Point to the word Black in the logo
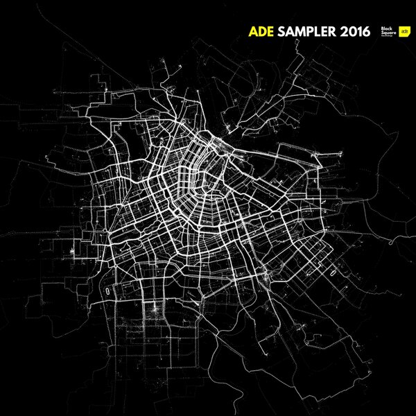coord(385,28)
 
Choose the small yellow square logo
coord(404,32)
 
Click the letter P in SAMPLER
coord(313,32)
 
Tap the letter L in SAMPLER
coord(321,32)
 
